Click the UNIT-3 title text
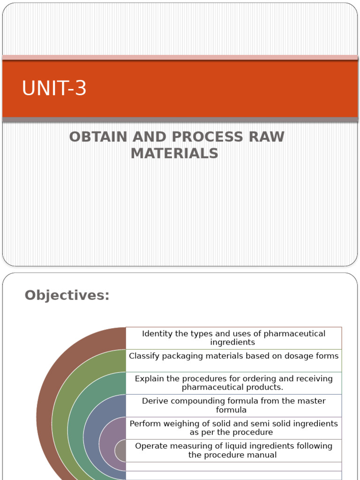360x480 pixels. pyautogui.click(x=54, y=89)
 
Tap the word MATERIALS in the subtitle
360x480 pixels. pyautogui.click(x=174, y=153)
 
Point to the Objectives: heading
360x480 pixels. pyautogui.click(x=67, y=295)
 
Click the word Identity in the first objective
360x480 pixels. pyautogui.click(x=157, y=334)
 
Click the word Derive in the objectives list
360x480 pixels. pyautogui.click(x=153, y=401)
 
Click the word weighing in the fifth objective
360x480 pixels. pyautogui.click(x=188, y=423)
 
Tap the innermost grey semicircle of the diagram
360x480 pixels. pyautogui.click(x=120, y=451)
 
